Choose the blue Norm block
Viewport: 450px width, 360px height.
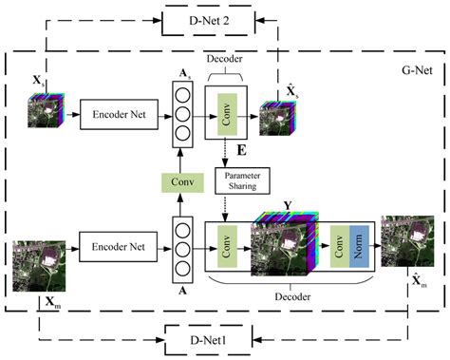(354, 250)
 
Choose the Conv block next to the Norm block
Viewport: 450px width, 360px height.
(335, 250)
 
